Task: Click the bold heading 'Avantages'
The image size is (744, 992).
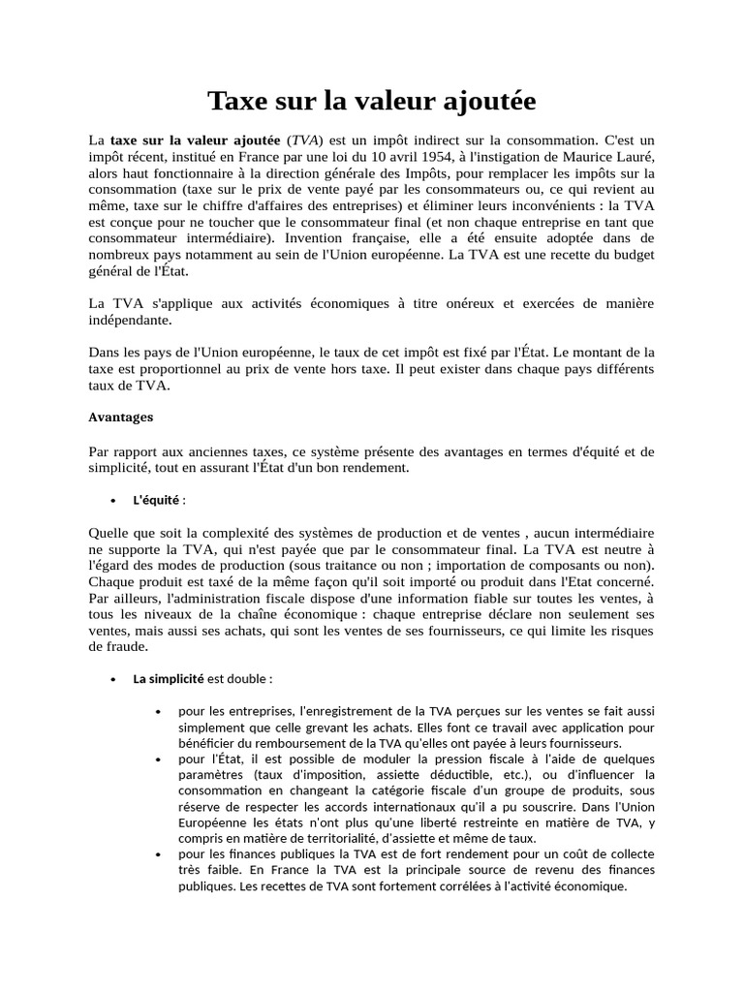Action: (x=121, y=418)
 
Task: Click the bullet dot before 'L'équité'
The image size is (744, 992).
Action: (x=112, y=501)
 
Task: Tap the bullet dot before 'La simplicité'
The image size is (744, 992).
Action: (x=112, y=680)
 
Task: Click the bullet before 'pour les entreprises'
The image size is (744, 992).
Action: (x=157, y=713)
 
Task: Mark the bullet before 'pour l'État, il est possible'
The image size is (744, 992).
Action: (x=157, y=759)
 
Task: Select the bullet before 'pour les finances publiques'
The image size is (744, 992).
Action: (x=157, y=854)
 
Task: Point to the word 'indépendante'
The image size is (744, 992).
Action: (x=130, y=320)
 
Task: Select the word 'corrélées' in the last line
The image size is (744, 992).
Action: (x=436, y=885)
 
